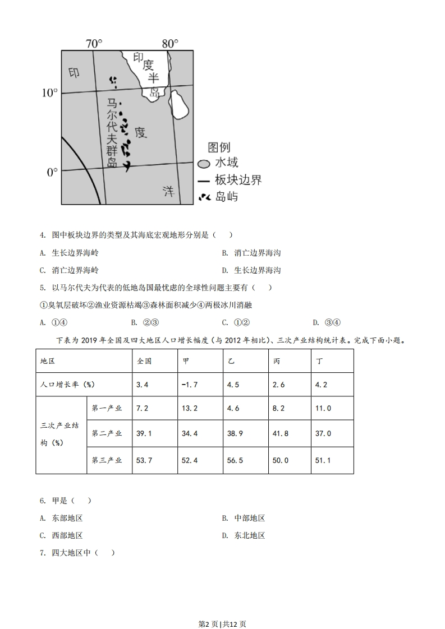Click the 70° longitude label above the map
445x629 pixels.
[x=93, y=44]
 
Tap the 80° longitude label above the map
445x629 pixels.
[x=169, y=44]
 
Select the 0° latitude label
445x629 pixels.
[x=52, y=172]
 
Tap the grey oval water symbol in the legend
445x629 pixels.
[x=203, y=164]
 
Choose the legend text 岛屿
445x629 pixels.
[x=227, y=196]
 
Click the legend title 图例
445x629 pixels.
[x=219, y=147]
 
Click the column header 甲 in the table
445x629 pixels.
[x=186, y=361]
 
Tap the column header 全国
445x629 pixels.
[x=144, y=361]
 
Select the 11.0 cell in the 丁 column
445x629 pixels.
[x=323, y=408]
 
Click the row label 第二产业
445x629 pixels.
[x=107, y=433]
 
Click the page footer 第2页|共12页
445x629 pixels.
[x=223, y=623]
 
